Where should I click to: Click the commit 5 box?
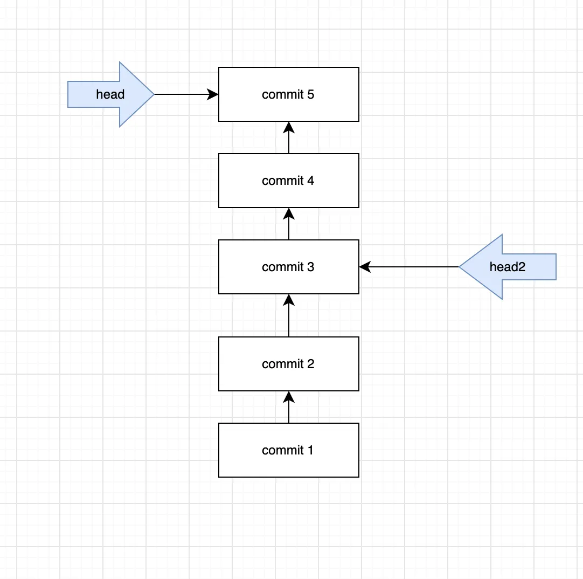tap(288, 94)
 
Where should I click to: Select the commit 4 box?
tap(288, 181)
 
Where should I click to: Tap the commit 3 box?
tap(288, 267)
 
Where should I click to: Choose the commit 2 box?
tap(288, 364)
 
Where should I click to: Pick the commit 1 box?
tap(288, 450)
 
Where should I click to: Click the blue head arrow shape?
tap(111, 94)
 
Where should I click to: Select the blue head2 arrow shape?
tap(508, 267)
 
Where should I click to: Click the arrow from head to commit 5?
tap(186, 94)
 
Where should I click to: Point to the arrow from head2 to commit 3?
tap(409, 267)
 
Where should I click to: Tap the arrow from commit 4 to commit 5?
tap(289, 137)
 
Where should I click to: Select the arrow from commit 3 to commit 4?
tap(289, 224)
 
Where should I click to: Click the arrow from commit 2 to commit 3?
tap(289, 315)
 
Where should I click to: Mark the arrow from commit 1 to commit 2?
tap(289, 407)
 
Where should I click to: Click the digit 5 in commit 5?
tap(310, 94)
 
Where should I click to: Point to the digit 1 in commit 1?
tap(310, 450)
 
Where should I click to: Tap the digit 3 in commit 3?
tap(310, 267)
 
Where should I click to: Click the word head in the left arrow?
tap(110, 94)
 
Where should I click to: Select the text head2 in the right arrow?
tap(508, 267)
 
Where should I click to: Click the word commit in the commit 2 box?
tap(282, 364)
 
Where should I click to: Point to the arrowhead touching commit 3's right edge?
tap(365, 267)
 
